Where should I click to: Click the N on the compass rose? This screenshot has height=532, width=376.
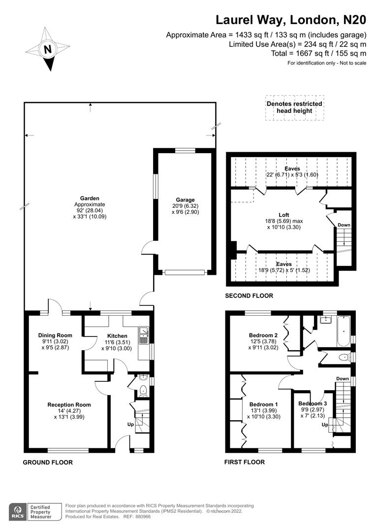(48, 50)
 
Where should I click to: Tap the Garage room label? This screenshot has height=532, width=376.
(185, 200)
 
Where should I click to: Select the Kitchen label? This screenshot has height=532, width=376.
(117, 336)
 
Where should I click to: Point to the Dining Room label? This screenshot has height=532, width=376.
(55, 335)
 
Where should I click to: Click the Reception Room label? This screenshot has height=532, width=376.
(69, 404)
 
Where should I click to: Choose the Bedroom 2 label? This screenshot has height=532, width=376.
(263, 335)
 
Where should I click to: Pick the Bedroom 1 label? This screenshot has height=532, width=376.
(263, 404)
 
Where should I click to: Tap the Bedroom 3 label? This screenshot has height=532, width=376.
(313, 403)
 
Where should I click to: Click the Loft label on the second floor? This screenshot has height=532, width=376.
(284, 215)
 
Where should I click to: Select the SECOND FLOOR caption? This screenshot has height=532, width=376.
(249, 296)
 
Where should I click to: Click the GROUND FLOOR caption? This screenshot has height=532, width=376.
(48, 463)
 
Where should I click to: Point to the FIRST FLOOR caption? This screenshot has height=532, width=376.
(245, 462)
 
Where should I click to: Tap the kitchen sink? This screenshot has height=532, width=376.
(144, 335)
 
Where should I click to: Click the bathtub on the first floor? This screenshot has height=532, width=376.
(344, 331)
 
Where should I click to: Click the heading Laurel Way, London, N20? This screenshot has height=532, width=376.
(291, 20)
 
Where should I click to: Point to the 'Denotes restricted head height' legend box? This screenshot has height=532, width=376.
(295, 107)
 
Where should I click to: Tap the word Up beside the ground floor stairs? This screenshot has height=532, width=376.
(130, 425)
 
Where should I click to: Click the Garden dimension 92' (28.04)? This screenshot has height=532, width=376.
(90, 210)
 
